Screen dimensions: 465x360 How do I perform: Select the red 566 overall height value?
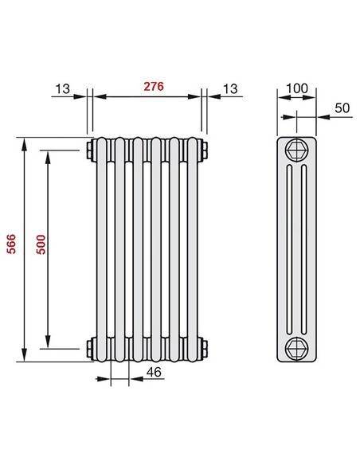pos(10,247)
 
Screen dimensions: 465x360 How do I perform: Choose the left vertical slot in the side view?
pos(291,247)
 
